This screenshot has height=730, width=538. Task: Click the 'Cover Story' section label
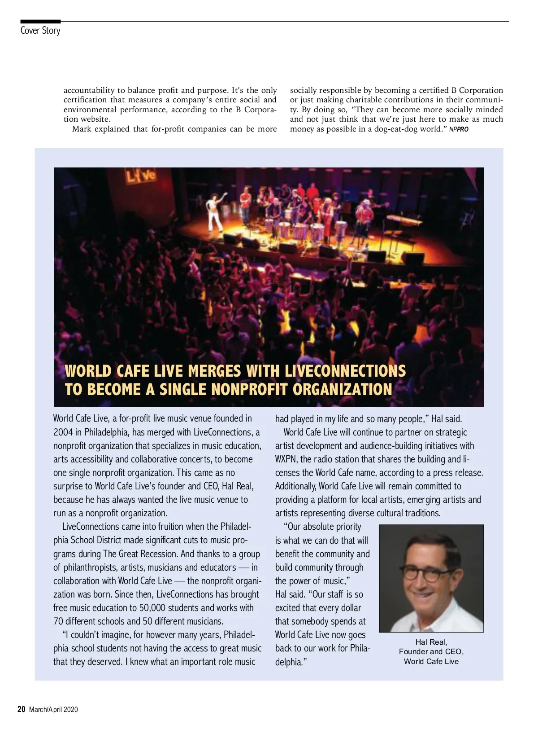[40, 31]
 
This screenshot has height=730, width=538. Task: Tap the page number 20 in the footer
[21, 709]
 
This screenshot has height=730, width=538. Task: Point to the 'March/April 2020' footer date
[53, 710]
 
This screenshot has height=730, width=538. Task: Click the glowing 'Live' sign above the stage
[140, 176]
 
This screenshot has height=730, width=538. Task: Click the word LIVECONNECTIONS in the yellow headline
[345, 371]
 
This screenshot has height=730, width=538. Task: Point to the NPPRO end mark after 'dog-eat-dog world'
[459, 129]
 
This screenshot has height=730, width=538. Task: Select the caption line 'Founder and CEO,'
[431, 651]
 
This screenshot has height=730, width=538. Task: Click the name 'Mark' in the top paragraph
[82, 129]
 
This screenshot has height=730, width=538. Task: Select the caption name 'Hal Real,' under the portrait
[431, 642]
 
